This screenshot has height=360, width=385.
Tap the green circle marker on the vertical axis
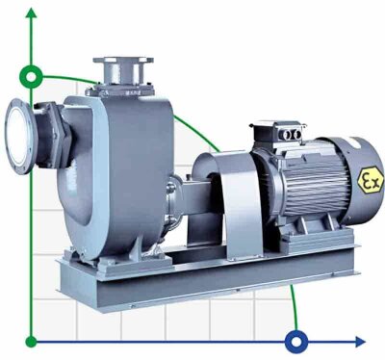[x=34, y=75]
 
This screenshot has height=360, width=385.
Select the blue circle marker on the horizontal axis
[x=296, y=340]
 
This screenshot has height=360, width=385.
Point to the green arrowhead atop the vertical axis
[x=34, y=11]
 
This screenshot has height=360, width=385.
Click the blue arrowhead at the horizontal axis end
[x=362, y=340]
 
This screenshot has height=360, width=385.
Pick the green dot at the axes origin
[x=34, y=340]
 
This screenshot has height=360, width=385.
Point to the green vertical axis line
[x=34, y=212]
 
